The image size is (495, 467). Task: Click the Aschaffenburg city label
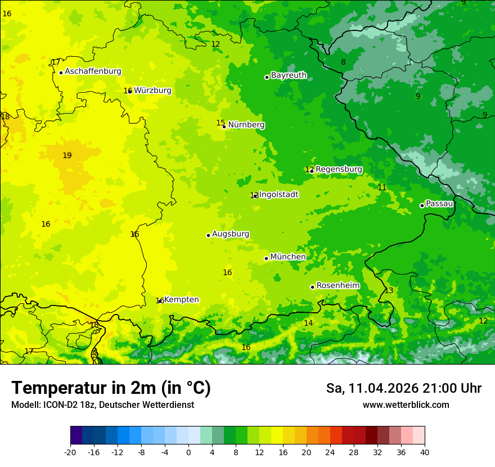coord(93,71)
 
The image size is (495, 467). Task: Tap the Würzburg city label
coord(152,91)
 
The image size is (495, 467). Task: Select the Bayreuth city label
coord(289,75)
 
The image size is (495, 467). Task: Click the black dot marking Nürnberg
coord(224,127)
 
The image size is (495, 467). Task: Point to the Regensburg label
coord(339,169)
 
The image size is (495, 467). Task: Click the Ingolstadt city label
coord(279,195)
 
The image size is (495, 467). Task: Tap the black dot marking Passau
coord(422,205)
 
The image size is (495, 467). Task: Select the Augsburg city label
coord(231,234)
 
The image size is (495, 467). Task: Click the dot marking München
coord(266,258)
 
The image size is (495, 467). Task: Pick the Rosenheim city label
coord(337,286)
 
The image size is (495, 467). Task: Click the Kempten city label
coord(181,300)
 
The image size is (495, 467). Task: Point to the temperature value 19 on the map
coord(67,156)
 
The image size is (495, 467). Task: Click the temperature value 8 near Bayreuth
coord(343,62)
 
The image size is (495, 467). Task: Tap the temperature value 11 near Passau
coord(382,188)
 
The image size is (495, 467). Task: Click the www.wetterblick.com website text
coord(406,405)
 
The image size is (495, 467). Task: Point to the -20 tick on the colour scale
coord(70,452)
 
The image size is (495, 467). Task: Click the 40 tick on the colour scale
coord(424,452)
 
